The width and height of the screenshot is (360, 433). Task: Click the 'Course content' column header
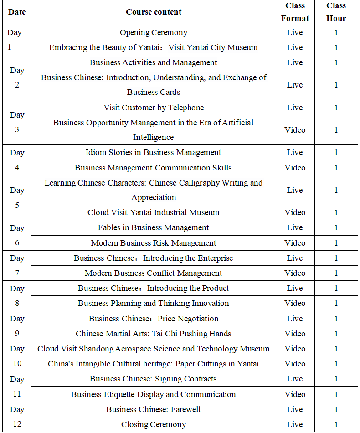pyautogui.click(x=154, y=12)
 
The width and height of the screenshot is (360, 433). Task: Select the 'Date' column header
pyautogui.click(x=17, y=12)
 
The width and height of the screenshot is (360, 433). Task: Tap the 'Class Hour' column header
pyautogui.click(x=336, y=12)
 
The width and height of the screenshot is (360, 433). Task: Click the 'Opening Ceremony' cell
pyautogui.click(x=154, y=32)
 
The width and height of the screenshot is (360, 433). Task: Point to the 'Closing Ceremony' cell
pyautogui.click(x=154, y=424)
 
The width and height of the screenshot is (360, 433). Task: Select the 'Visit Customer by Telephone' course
pyautogui.click(x=154, y=108)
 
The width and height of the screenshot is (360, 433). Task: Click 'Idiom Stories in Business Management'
pyautogui.click(x=154, y=152)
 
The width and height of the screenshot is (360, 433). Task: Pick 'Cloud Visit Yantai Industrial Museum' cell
pyautogui.click(x=154, y=212)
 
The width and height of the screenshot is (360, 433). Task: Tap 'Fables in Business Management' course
pyautogui.click(x=154, y=227)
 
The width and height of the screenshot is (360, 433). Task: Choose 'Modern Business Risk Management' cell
pyautogui.click(x=154, y=243)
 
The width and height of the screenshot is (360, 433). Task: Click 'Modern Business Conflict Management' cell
pyautogui.click(x=154, y=273)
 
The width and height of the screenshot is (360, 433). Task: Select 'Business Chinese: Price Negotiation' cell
pyautogui.click(x=154, y=319)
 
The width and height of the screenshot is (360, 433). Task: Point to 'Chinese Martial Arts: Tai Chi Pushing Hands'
pyautogui.click(x=154, y=334)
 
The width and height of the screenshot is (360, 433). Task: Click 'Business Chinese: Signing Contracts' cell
pyautogui.click(x=154, y=379)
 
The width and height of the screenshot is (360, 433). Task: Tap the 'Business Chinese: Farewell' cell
pyautogui.click(x=154, y=409)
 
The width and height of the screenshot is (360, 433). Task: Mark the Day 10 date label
pyautogui.click(x=17, y=356)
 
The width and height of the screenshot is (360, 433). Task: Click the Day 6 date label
pyautogui.click(x=17, y=235)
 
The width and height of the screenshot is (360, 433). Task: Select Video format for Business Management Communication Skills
pyautogui.click(x=295, y=168)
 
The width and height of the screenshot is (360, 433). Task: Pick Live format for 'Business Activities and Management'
pyautogui.click(x=295, y=62)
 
